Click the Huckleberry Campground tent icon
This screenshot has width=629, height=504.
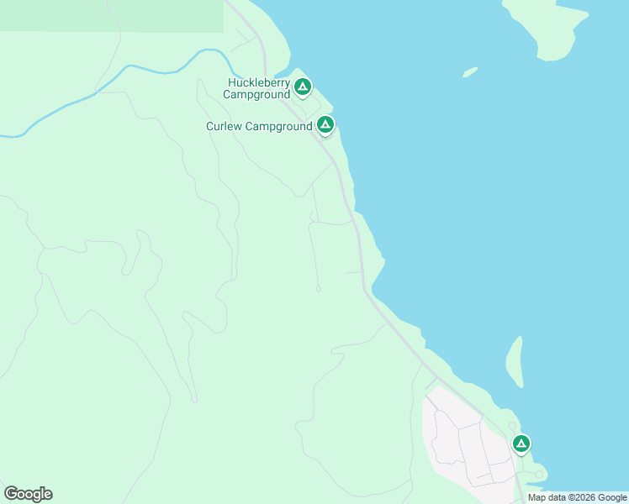(x=303, y=86)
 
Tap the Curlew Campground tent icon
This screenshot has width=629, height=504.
(x=325, y=125)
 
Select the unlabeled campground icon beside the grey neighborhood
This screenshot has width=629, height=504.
(x=521, y=443)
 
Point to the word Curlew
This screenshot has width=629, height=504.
(x=224, y=126)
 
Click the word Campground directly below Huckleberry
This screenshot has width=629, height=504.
(x=256, y=95)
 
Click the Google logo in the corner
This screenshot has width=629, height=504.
(x=28, y=493)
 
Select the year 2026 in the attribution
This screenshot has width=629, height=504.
(x=581, y=497)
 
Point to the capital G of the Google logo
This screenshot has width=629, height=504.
(x=11, y=493)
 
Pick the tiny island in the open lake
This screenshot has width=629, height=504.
(x=470, y=72)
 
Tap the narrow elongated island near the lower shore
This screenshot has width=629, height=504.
(x=515, y=361)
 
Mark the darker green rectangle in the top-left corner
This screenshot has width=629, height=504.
(x=109, y=15)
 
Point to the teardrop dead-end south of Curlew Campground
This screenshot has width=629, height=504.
(x=318, y=289)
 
